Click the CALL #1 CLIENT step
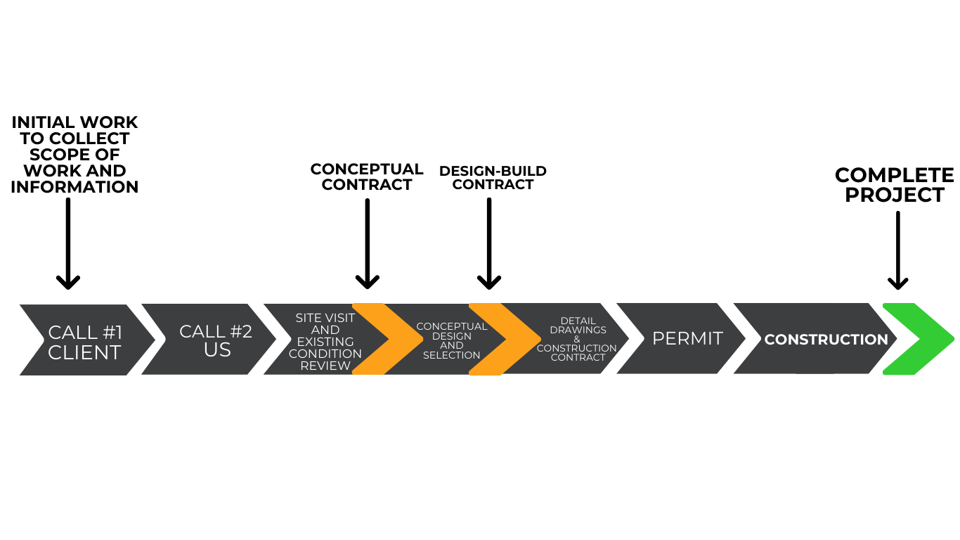point(85,342)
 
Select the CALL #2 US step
point(215,340)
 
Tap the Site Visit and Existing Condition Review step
point(325,342)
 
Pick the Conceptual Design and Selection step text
point(452,341)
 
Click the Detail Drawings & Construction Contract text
point(577,340)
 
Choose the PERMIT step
point(687,339)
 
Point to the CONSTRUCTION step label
point(826,340)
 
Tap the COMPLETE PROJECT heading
point(894,185)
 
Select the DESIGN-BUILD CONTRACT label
point(493,178)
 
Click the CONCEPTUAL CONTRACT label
point(367,176)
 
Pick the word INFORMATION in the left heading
point(74,187)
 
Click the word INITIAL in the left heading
point(44,123)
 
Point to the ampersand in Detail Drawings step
point(577,340)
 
